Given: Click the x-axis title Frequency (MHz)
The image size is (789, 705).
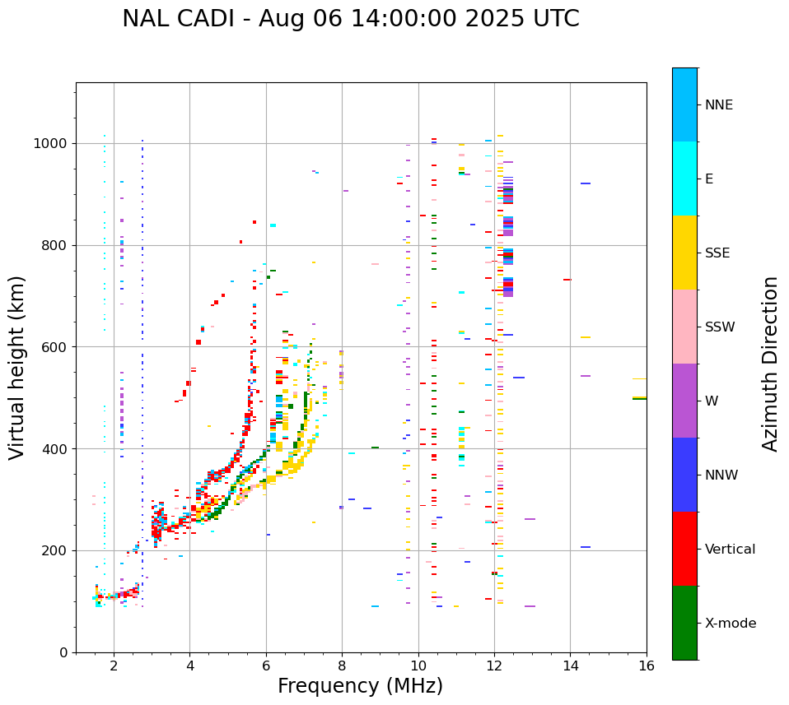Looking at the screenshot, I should tap(360, 686).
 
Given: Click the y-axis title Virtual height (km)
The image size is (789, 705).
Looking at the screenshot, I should tap(17, 368).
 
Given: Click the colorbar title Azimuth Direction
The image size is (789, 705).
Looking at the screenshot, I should tap(770, 364).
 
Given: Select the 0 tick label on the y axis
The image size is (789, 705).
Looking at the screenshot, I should tap(63, 652).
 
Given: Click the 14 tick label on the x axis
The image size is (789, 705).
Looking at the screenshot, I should tap(570, 666).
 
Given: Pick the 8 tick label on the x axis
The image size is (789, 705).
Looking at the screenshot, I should tap(342, 666).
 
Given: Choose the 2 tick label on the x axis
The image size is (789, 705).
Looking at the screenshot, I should tap(114, 666).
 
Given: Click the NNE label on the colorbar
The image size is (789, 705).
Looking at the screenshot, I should tap(719, 105).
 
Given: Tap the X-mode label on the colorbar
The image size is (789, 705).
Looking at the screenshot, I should tap(731, 624).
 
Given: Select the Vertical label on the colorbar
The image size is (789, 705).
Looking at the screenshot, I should tap(731, 550).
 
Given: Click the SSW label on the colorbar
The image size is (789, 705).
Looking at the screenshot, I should tap(720, 327).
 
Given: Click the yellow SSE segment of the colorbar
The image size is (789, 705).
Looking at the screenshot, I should tap(684, 253).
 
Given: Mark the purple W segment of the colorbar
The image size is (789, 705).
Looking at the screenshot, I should tap(684, 401).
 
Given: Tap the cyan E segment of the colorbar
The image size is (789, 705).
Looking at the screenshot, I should tap(684, 179).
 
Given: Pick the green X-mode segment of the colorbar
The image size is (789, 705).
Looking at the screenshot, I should tap(684, 623).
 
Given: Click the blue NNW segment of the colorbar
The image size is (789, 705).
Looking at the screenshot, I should tap(684, 475).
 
